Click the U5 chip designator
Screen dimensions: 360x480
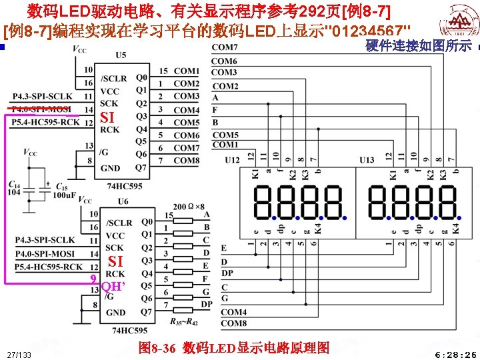click(x=120, y=55)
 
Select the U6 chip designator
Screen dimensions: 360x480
click(x=123, y=201)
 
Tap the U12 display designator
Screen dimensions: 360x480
click(x=232, y=160)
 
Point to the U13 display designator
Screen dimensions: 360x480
click(x=366, y=160)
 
